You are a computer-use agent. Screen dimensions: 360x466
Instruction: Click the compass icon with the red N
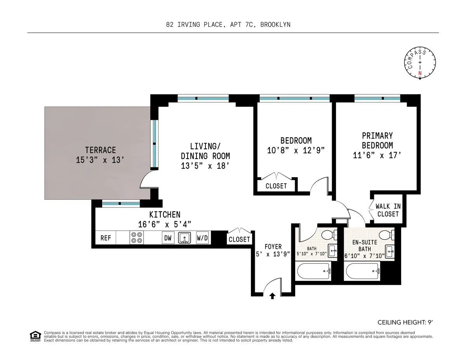420,63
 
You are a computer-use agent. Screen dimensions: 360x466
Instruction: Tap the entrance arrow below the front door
272,296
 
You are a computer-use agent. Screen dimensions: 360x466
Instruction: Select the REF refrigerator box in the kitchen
106,238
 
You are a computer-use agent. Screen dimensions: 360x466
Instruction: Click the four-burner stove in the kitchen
136,237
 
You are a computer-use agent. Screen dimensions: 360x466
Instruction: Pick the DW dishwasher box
168,238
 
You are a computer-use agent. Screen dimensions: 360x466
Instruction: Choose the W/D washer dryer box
202,238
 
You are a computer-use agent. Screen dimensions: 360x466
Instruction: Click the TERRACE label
101,150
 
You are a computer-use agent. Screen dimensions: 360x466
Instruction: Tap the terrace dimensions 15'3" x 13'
101,159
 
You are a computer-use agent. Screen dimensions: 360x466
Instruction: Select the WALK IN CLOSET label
388,210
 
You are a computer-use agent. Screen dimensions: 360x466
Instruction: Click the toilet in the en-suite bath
387,234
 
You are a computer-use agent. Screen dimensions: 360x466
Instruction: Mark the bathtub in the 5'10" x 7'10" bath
313,271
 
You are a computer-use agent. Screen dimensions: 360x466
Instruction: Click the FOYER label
273,247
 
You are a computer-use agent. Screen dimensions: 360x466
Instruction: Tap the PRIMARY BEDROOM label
377,140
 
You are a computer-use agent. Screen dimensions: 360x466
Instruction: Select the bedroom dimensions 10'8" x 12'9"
296,151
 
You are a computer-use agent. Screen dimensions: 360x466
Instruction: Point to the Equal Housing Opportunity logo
35,336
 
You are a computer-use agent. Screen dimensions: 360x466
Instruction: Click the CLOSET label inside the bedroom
276,186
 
